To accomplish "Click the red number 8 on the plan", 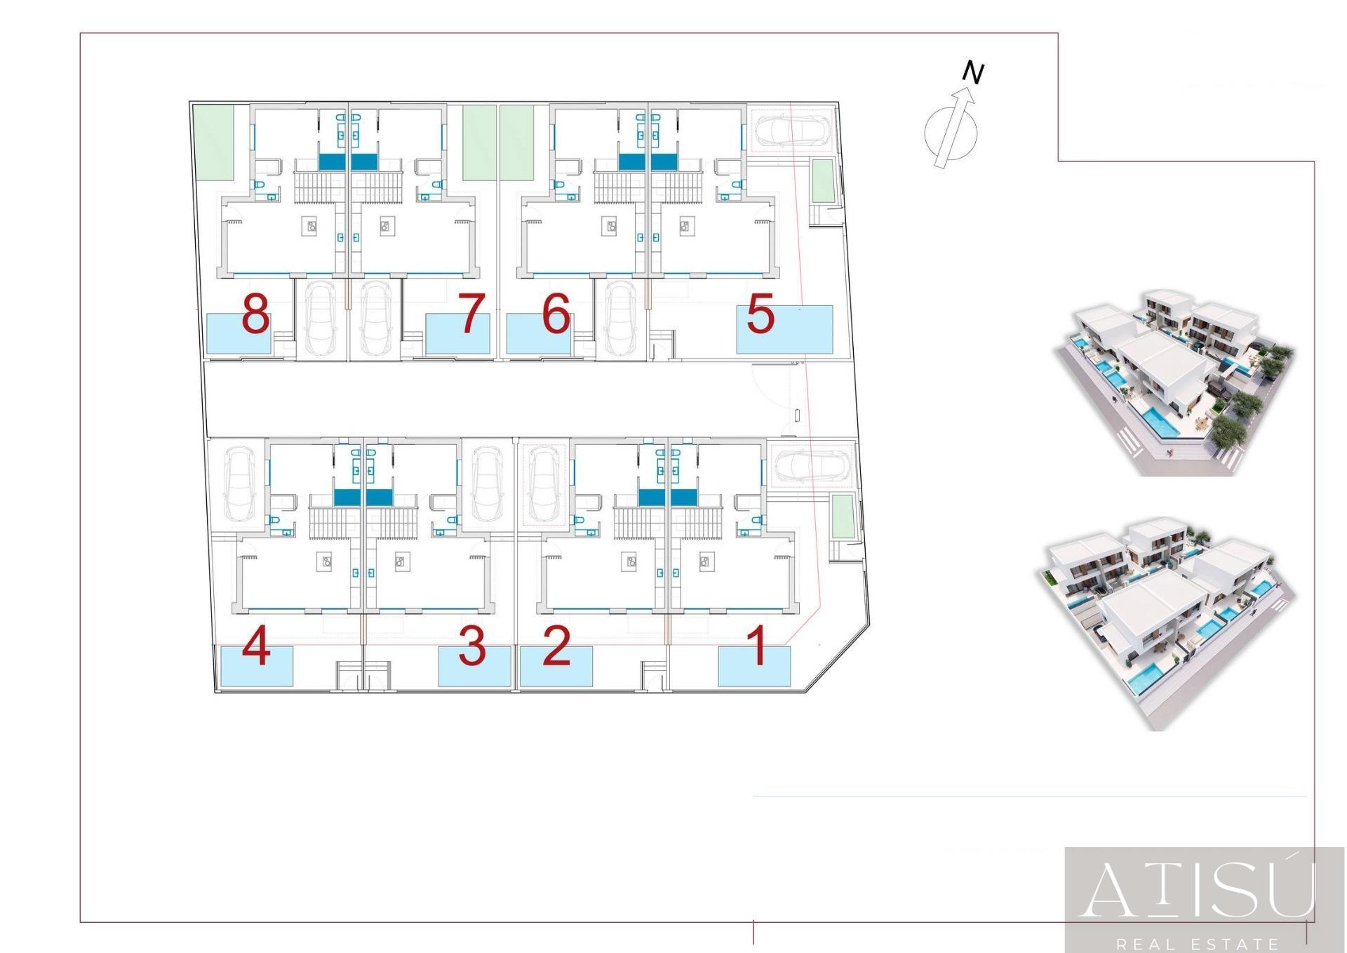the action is (x=255, y=314).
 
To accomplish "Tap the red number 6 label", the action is (x=556, y=314).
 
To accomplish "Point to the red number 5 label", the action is (x=760, y=314).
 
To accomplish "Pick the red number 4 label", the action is (x=256, y=646).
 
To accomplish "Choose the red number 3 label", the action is (x=471, y=646).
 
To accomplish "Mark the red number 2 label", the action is (x=556, y=646).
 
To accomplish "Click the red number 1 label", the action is (x=756, y=646).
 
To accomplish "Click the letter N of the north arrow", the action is (x=973, y=73).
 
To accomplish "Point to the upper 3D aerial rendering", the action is (x=1175, y=382).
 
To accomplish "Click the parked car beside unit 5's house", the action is (x=793, y=130).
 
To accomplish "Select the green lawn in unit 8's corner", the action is (x=213, y=143).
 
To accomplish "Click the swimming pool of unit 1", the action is (x=754, y=667).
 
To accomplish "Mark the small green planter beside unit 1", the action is (x=842, y=517).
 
